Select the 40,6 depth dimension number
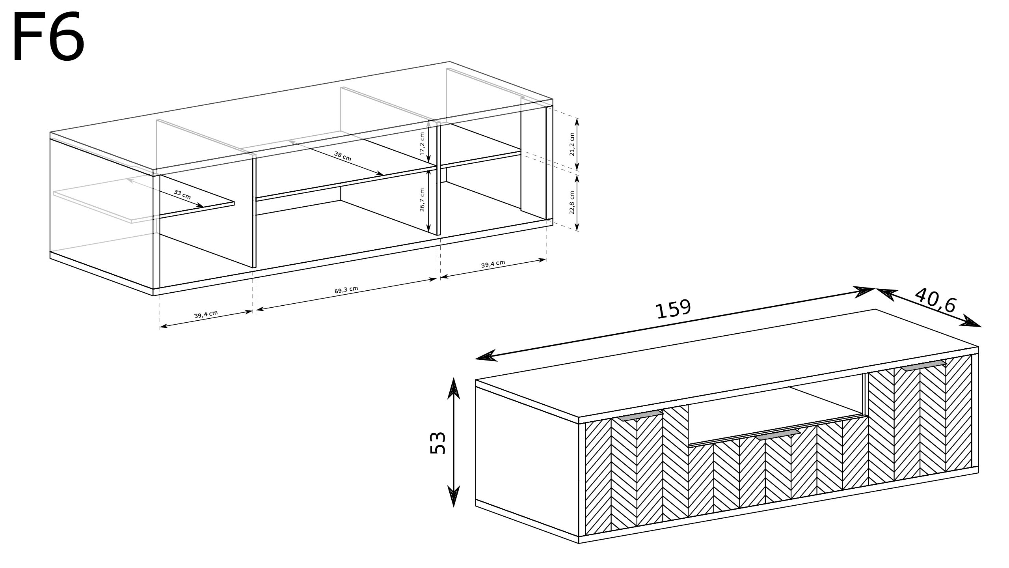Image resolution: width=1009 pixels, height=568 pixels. click(x=935, y=300)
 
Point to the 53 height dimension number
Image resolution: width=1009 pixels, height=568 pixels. click(x=438, y=443)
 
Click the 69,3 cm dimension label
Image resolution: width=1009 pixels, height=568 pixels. click(x=346, y=290)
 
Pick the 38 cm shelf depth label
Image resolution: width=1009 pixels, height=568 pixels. click(x=343, y=156)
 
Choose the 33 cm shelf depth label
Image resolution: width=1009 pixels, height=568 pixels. click(x=182, y=194)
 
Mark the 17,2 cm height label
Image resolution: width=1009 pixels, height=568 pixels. click(x=422, y=144)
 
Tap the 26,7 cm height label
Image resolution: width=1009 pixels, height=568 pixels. click(x=422, y=200)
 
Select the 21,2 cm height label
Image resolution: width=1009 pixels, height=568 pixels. click(x=572, y=144)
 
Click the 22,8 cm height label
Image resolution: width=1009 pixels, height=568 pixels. click(x=572, y=203)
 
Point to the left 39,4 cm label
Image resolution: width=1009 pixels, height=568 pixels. click(x=206, y=314)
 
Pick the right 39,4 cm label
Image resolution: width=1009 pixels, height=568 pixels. click(x=493, y=264)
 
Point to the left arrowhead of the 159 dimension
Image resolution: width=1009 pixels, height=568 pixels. click(x=486, y=356)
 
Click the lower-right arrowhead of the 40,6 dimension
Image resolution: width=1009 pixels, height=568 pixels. click(x=971, y=321)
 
